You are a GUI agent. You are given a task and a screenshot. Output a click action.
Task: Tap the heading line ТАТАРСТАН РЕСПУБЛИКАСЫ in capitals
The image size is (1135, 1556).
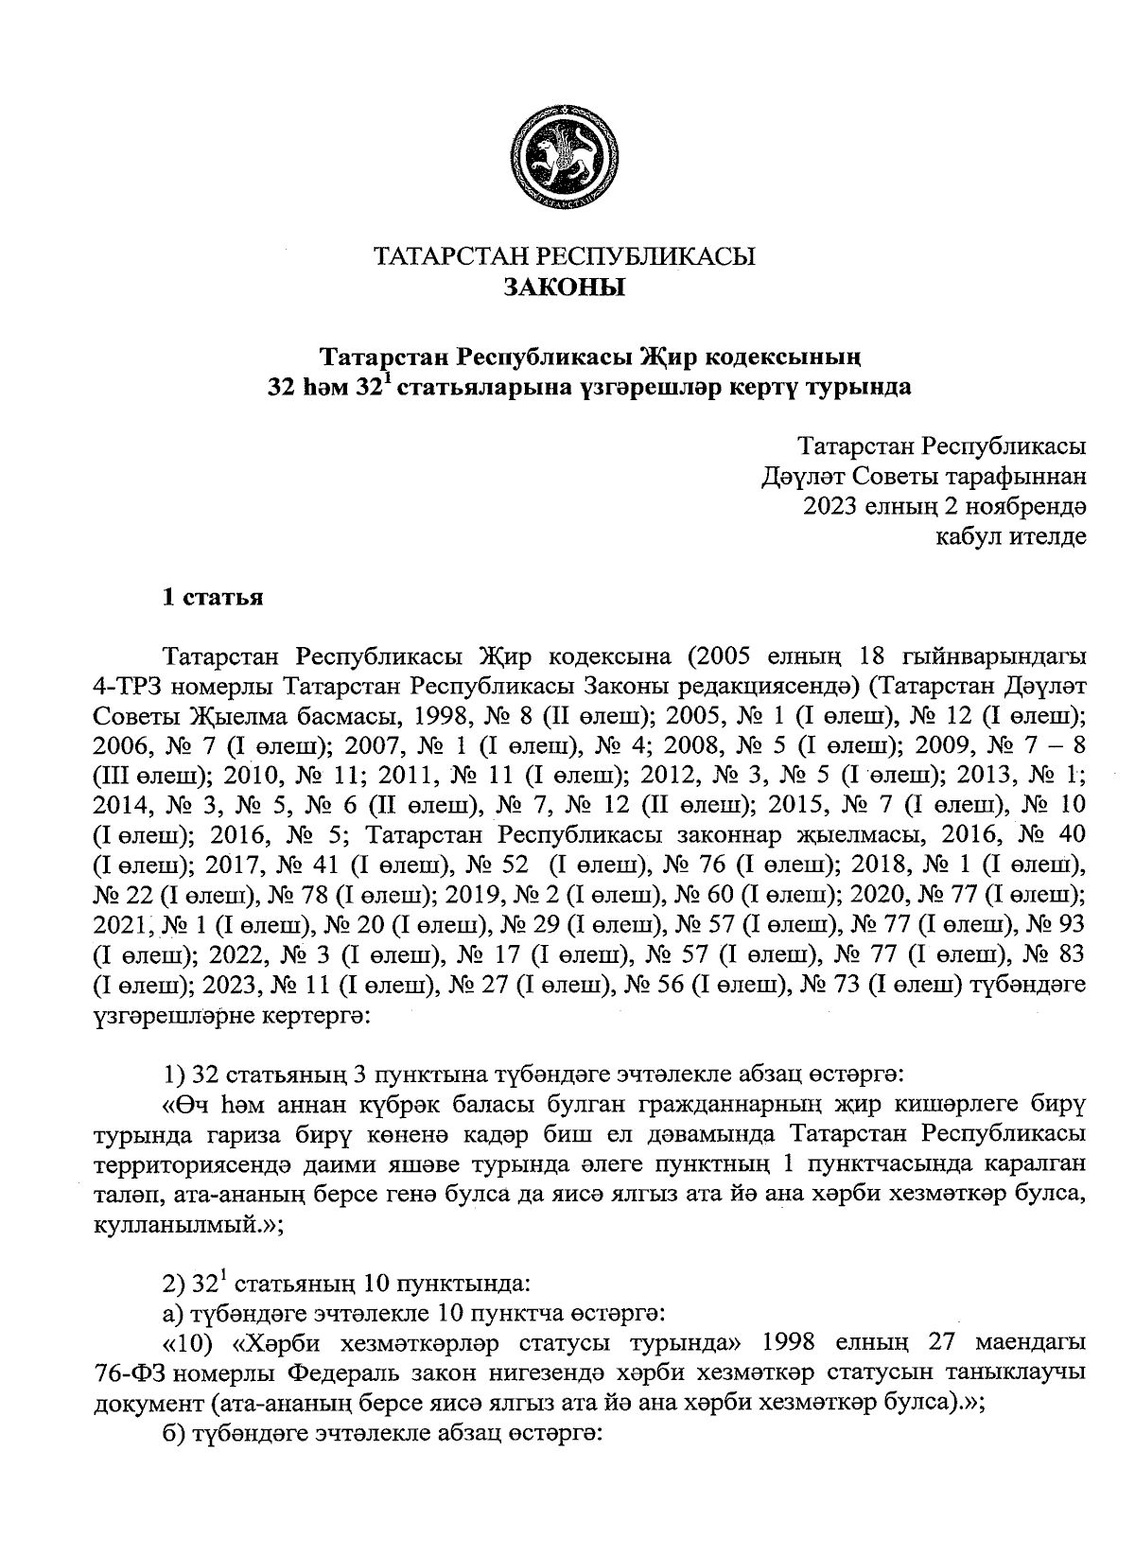coord(566,257)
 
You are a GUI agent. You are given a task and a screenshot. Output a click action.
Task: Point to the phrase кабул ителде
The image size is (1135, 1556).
coord(1010,537)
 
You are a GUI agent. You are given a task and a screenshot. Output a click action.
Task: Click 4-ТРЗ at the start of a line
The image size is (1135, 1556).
coord(128,684)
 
